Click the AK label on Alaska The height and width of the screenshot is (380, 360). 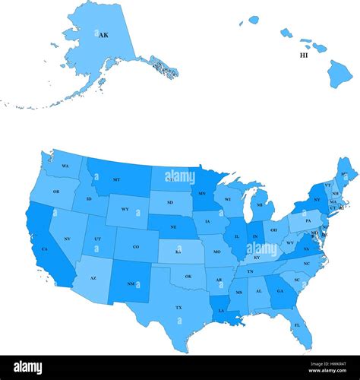pos(103,35)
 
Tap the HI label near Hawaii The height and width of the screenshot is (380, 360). pos(304,55)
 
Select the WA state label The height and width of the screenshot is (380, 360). pos(65,166)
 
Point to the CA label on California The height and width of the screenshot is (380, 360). pos(44,249)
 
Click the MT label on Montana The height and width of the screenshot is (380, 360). pos(116,179)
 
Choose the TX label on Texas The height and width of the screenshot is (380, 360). pos(178,308)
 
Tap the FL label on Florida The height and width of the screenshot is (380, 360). pos(297,325)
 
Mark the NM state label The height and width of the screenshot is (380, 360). pos(130,284)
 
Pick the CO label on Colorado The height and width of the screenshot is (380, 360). pos(136,246)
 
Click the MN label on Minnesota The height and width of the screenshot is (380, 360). pos(201,195)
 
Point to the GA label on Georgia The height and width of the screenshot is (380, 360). pos(279,290)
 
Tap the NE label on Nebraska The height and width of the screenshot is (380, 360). pos(173,227)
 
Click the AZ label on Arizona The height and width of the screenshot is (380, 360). pos(93,278)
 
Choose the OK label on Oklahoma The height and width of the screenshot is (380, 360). pos(188,276)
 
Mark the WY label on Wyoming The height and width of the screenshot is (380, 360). pos(125,209)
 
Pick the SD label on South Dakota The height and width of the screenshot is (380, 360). pos(169,202)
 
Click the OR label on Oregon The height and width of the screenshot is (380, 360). pos(55,192)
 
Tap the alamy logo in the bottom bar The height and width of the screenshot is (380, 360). pos(42,367)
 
